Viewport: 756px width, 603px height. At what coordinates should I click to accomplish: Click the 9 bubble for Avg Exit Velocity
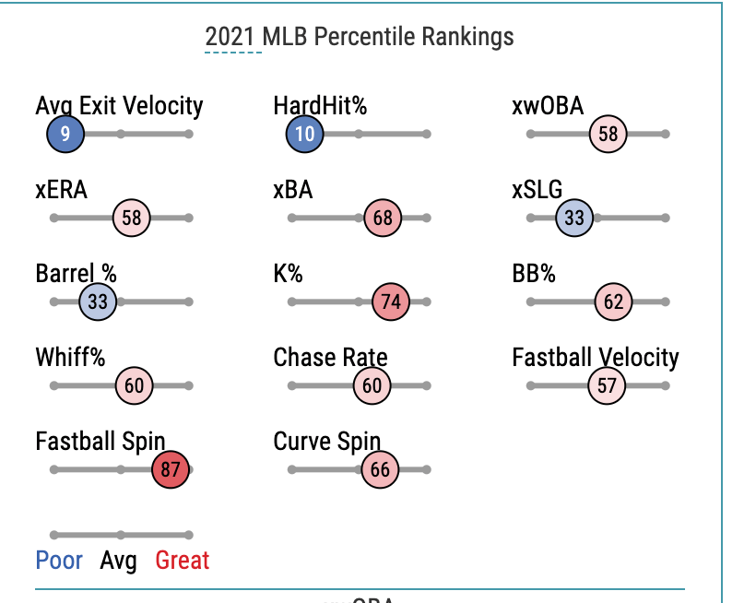[x=65, y=134]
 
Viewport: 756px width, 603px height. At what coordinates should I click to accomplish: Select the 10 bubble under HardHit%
[x=305, y=134]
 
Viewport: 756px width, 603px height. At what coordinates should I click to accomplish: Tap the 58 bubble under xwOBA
[x=608, y=134]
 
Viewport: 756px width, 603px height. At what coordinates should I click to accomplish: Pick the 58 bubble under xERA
[x=132, y=218]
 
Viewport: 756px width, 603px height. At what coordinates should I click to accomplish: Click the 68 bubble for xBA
[x=383, y=218]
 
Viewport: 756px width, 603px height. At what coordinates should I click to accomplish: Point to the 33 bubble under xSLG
[x=574, y=218]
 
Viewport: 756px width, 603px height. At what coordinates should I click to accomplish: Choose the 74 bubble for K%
[x=390, y=301]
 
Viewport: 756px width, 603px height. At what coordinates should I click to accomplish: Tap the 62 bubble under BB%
[x=614, y=301]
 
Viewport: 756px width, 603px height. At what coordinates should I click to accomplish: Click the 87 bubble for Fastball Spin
[x=171, y=469]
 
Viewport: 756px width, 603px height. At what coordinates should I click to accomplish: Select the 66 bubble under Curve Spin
[x=380, y=469]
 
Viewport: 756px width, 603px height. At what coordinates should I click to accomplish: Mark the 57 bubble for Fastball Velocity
[x=607, y=385]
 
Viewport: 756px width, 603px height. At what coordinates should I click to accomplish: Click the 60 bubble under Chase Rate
[x=372, y=385]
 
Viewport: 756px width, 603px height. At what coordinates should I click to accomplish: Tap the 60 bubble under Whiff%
[x=135, y=385]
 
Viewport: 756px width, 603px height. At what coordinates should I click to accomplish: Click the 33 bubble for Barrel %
[x=98, y=301]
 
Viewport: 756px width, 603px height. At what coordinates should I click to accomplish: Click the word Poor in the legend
[x=59, y=561]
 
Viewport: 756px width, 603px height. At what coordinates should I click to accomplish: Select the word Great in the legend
[x=183, y=561]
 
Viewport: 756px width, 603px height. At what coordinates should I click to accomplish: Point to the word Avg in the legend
[x=118, y=561]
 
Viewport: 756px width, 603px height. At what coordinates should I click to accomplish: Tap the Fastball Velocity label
[x=595, y=358]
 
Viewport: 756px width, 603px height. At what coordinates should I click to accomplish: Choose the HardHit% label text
[x=320, y=106]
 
